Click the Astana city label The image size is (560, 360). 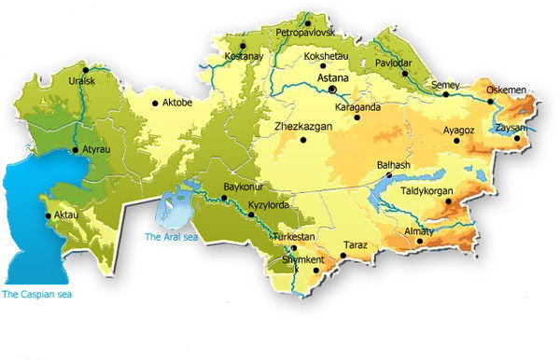[x=333, y=79]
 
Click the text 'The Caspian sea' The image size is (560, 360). [x=36, y=294]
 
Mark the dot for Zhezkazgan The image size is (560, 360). [x=303, y=141]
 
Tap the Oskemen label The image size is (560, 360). [x=508, y=90]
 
